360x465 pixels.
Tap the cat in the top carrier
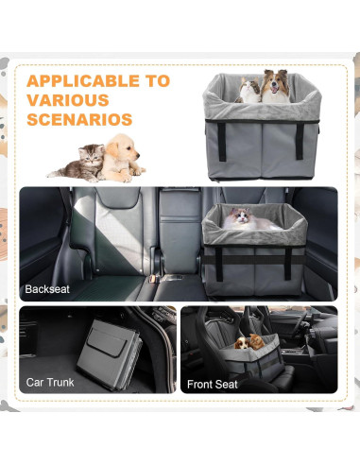point(250,91)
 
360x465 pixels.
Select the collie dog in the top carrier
point(276,86)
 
